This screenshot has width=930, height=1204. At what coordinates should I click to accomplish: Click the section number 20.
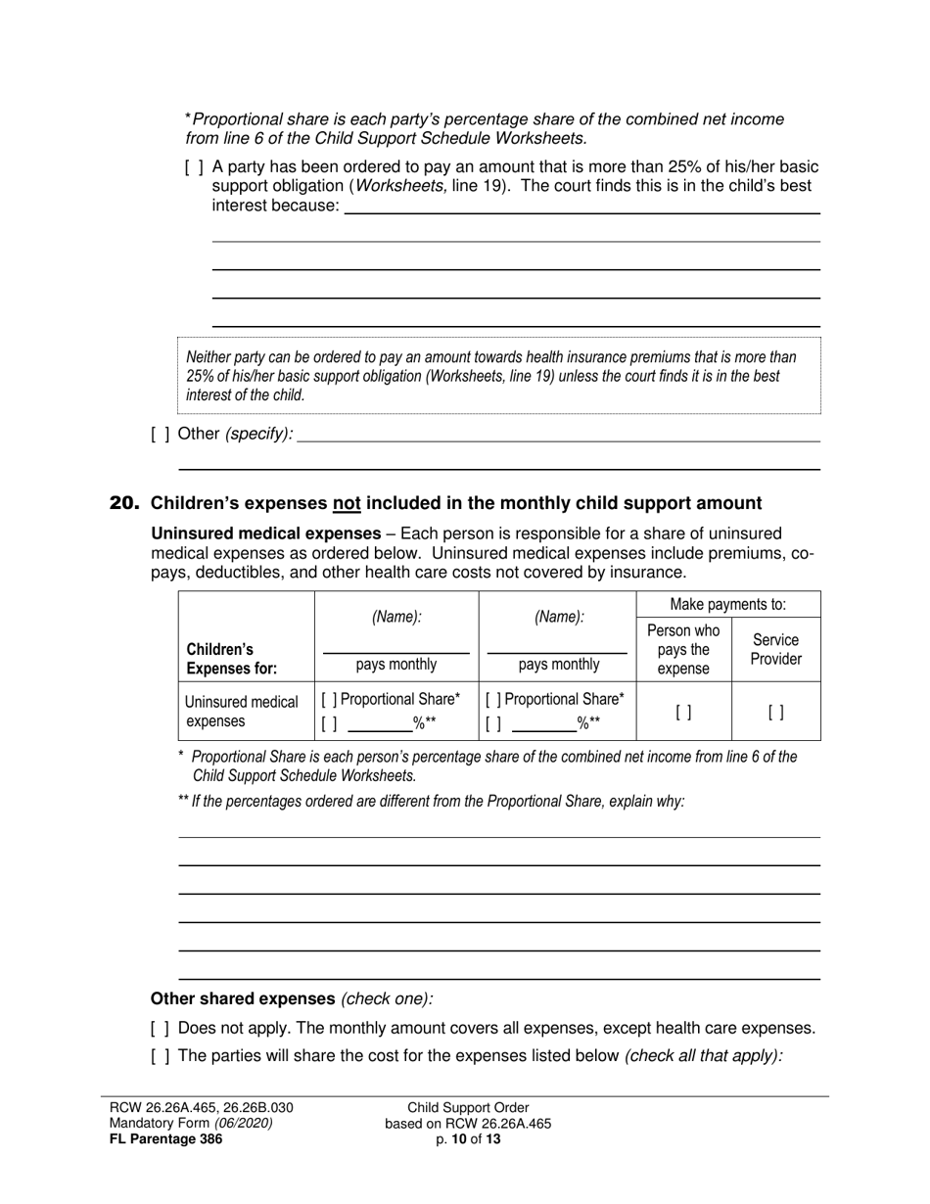[x=124, y=503]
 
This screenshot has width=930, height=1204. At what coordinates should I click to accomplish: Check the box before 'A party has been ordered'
[x=194, y=167]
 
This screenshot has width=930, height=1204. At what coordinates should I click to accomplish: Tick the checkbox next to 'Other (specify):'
[x=161, y=434]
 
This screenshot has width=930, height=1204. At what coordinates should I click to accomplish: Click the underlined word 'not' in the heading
[x=347, y=503]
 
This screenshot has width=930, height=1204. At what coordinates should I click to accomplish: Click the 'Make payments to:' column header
[x=727, y=605]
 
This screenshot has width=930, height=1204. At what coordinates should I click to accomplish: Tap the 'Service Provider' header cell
[x=775, y=649]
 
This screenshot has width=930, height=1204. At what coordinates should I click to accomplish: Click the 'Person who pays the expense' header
[x=683, y=649]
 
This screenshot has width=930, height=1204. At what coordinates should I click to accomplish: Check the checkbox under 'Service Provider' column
[x=775, y=713]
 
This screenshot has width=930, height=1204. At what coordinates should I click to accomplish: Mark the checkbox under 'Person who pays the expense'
[x=683, y=713]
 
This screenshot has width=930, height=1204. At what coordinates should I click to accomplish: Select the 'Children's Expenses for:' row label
[x=232, y=659]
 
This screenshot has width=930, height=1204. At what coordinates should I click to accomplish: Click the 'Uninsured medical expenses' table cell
[x=241, y=712]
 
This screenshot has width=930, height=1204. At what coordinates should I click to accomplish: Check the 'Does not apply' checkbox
[x=161, y=1029]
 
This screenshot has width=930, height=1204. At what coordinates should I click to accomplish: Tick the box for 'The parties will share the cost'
[x=161, y=1056]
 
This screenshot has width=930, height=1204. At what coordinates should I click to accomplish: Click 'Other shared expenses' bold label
[x=242, y=998]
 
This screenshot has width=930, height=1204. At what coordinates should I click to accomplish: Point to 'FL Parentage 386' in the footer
[x=165, y=1138]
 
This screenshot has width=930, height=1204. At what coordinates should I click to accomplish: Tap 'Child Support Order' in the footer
[x=468, y=1108]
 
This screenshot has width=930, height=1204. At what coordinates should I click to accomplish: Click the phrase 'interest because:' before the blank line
[x=275, y=206]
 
